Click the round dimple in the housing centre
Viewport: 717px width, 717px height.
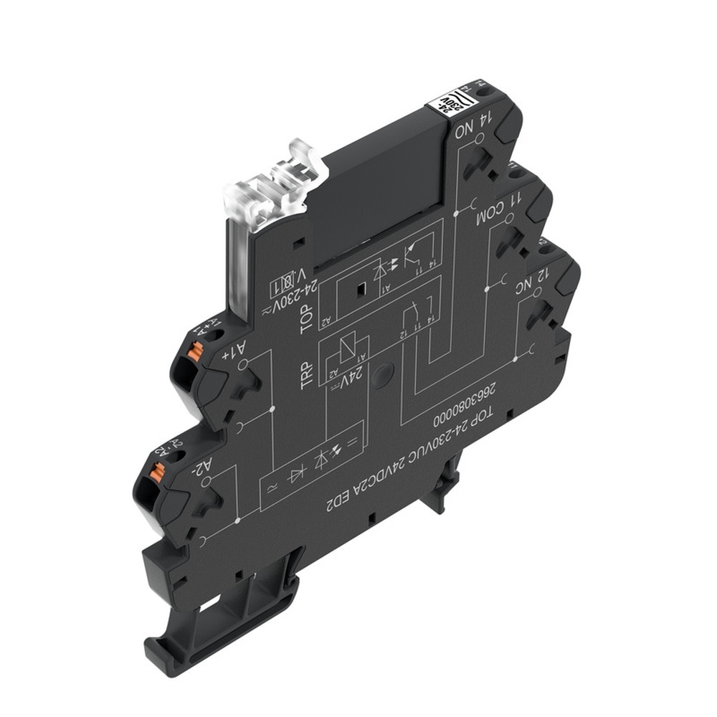[382, 372]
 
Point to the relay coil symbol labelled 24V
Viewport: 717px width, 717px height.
[345, 352]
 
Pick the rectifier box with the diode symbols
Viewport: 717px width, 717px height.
[309, 471]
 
